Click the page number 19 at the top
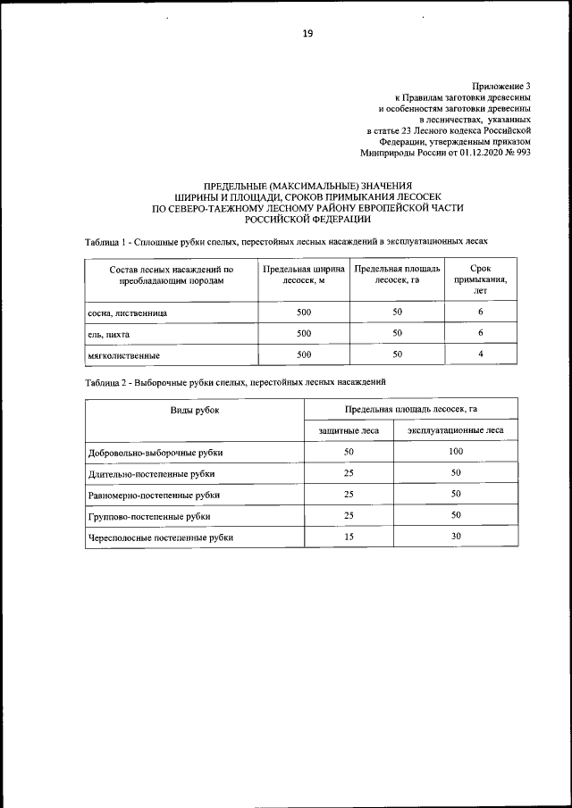pos(307,33)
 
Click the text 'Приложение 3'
pos(501,85)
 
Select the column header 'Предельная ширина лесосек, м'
pos(303,274)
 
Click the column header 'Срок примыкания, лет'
pos(480,279)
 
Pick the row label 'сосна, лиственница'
pos(127,313)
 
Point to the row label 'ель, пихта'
pos(109,334)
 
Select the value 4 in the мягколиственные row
pos(480,354)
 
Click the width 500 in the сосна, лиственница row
pos(303,312)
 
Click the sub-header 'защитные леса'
pos(349,430)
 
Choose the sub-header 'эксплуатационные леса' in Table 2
pos(456,430)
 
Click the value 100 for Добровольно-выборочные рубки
pos(456,452)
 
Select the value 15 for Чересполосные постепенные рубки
pos(349,537)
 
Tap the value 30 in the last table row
pos(456,537)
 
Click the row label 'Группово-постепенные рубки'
pos(149,516)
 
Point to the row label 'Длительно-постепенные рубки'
pos(152,473)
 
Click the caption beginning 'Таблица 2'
pos(235,381)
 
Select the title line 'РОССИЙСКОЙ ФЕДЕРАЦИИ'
pos(307,218)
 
